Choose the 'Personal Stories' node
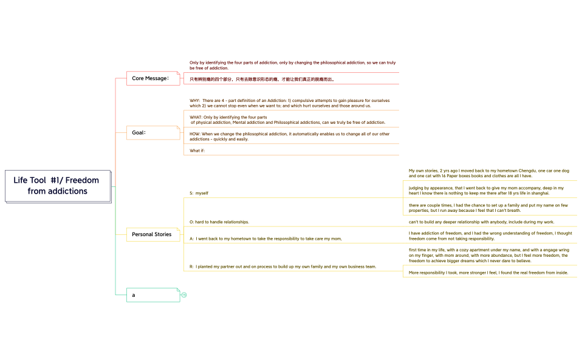(x=152, y=234)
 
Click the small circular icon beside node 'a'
(x=183, y=295)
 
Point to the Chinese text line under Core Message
(x=262, y=79)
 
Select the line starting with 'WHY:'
(x=290, y=103)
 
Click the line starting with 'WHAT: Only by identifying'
(x=287, y=120)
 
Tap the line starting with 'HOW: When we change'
(x=290, y=136)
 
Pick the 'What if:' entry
(x=197, y=151)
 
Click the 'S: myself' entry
(x=199, y=193)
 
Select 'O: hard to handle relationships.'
(x=219, y=222)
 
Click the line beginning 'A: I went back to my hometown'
(x=266, y=239)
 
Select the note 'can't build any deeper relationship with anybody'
(x=481, y=222)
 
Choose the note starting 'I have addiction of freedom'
(x=490, y=236)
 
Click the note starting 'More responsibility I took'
(x=488, y=273)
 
